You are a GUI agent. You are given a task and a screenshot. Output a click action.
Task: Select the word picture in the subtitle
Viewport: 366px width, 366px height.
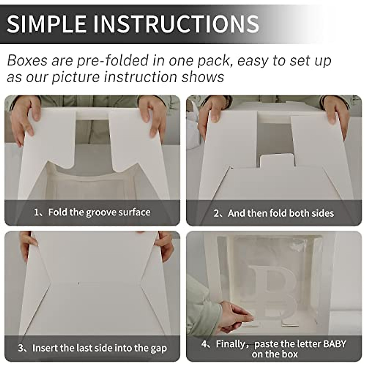[77, 77]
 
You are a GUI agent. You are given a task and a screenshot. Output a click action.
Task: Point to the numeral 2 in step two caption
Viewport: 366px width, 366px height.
[216, 213]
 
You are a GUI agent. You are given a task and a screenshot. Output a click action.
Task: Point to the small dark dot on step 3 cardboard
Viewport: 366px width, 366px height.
[79, 283]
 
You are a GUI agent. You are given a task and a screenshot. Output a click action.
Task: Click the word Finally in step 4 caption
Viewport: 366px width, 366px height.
[230, 344]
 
